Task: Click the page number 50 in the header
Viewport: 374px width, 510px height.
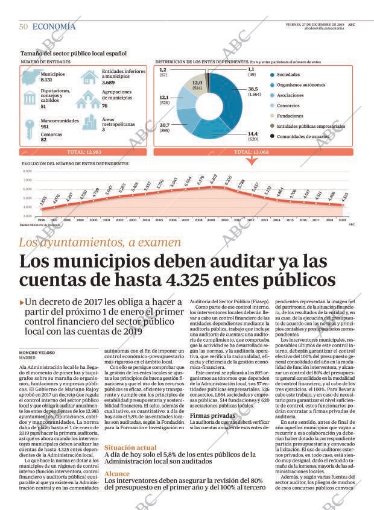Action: coord(24,27)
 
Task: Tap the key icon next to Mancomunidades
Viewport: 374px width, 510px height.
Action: coord(30,128)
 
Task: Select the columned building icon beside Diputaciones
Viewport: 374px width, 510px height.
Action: coord(30,99)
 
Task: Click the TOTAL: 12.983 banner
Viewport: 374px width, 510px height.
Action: coord(84,152)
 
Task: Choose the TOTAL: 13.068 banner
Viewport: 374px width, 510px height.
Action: coord(252,152)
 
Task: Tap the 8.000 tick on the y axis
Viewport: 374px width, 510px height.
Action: coord(27,171)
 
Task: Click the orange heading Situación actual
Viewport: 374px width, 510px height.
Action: coord(130,447)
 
